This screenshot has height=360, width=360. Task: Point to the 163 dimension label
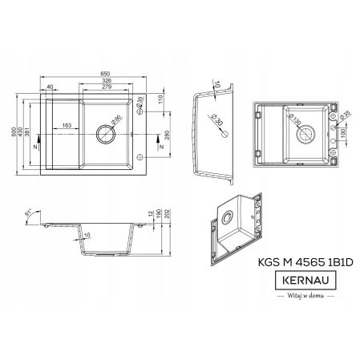tap(66, 124)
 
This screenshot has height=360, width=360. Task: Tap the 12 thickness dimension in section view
tap(150, 213)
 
